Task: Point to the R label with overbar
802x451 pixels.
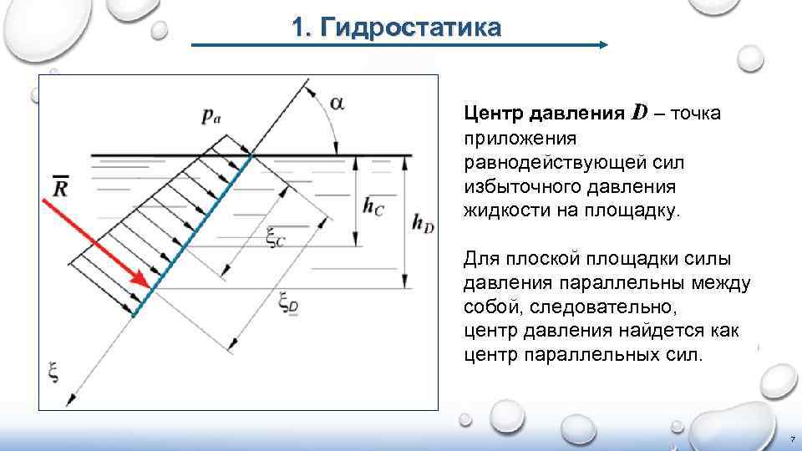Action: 59,187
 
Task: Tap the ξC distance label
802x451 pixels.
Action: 276,238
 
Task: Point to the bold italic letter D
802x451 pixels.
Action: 640,111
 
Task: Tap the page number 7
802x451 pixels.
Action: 790,438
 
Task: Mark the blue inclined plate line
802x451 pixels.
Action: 192,234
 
